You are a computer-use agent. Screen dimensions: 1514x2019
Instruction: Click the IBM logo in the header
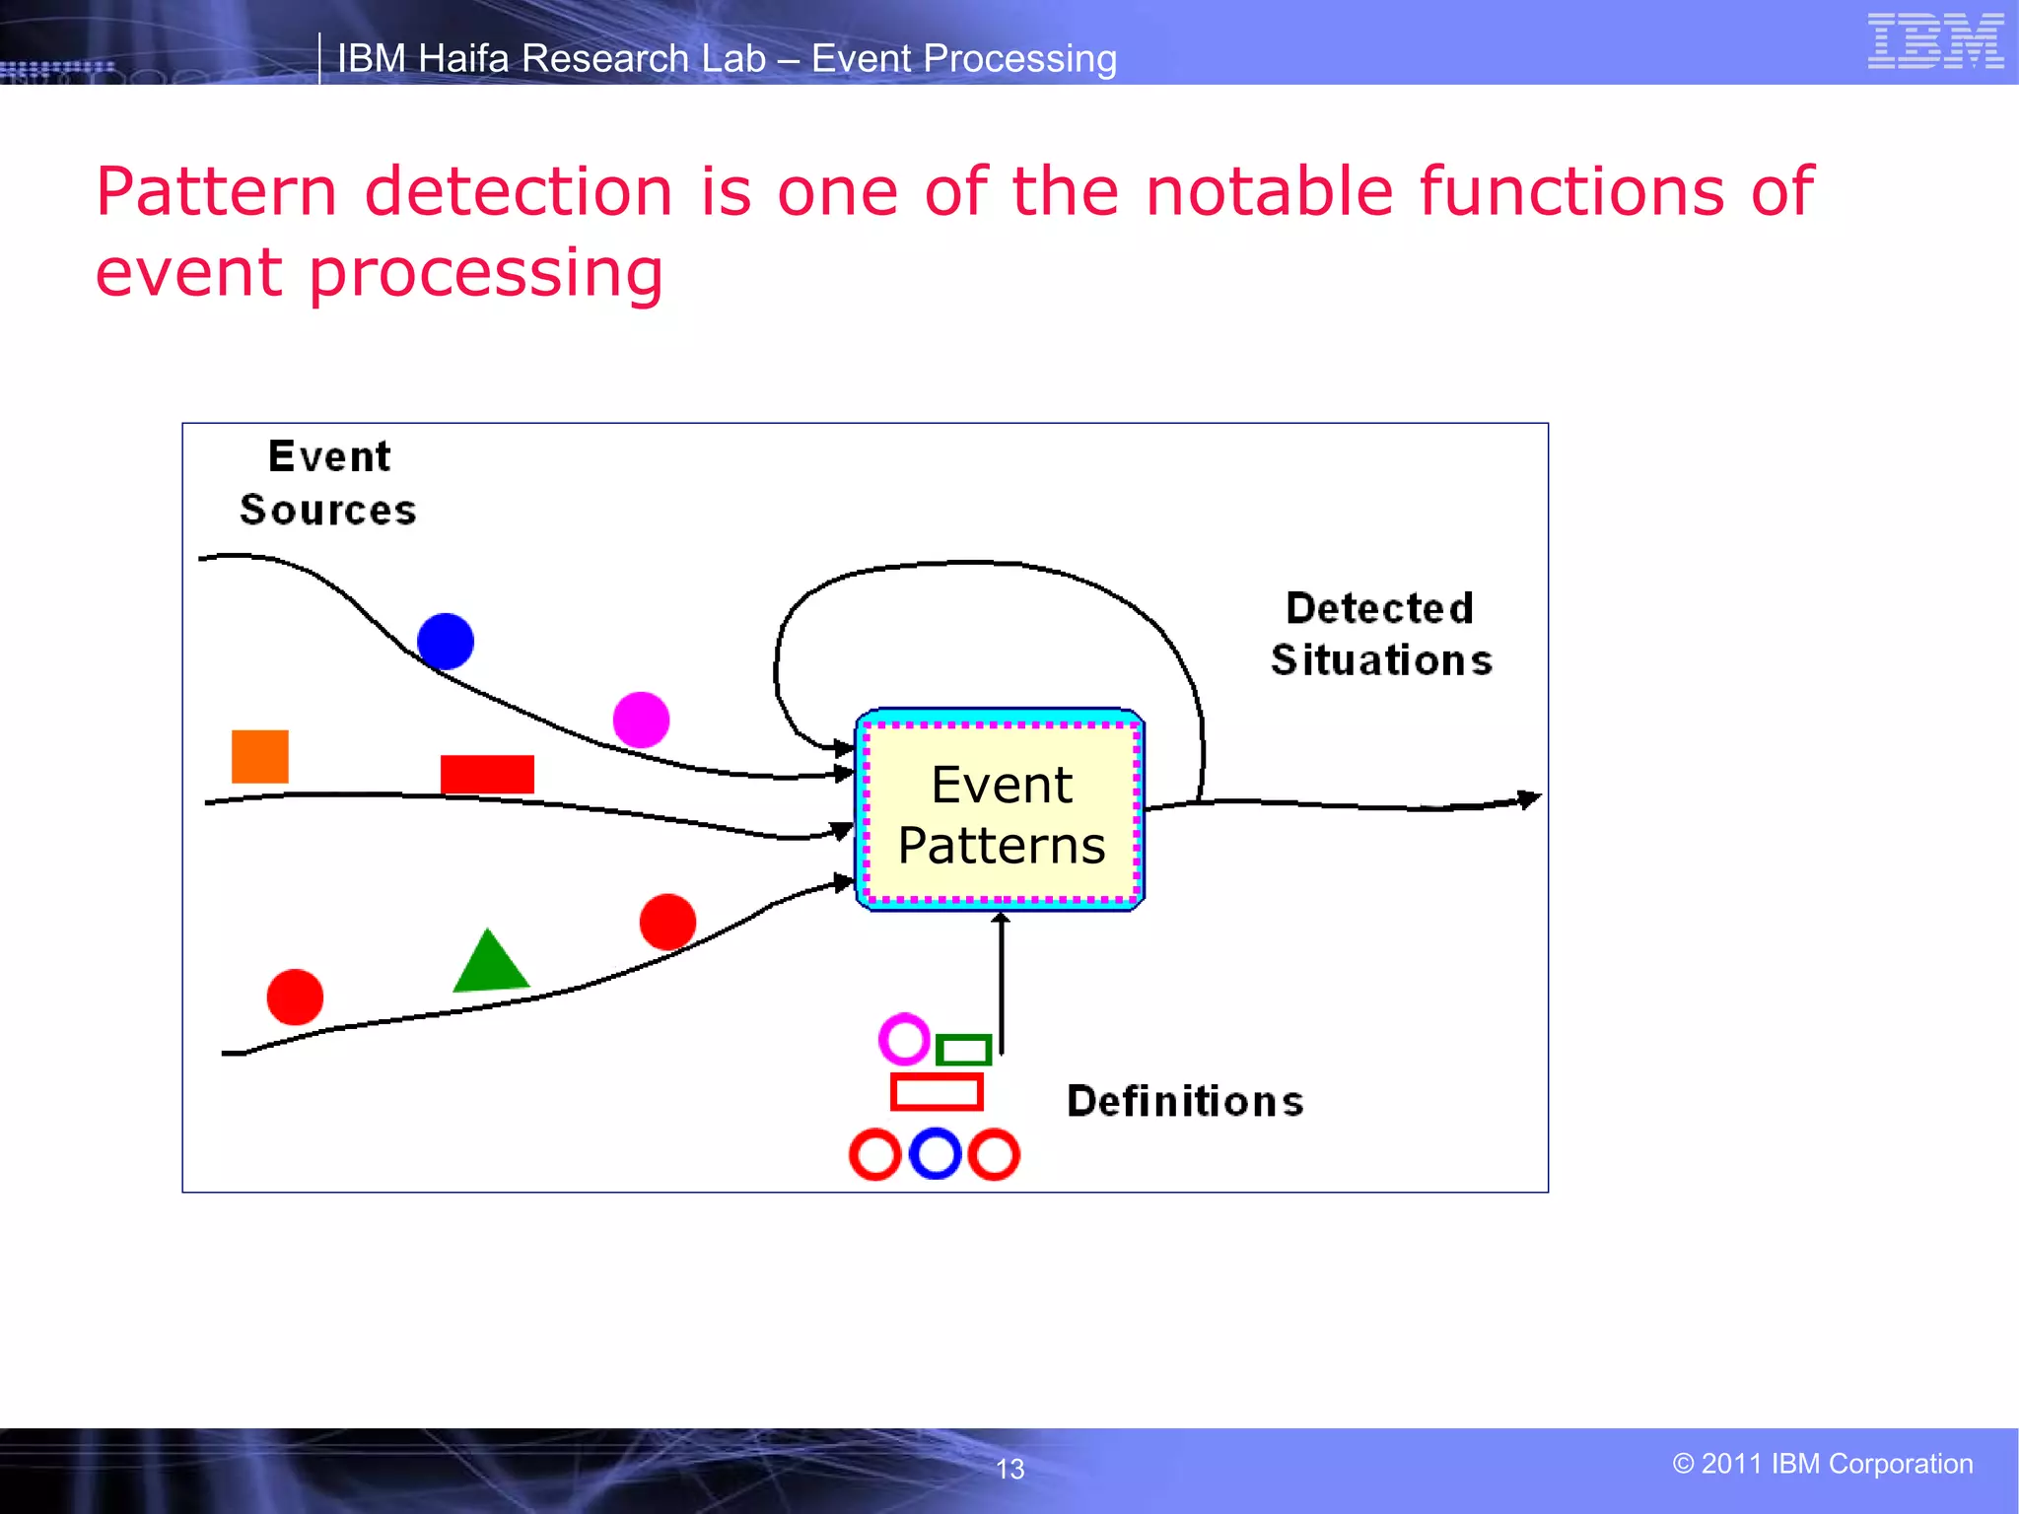(x=1935, y=41)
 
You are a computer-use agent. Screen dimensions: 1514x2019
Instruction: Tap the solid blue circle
(x=446, y=641)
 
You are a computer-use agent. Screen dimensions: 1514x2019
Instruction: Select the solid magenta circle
(x=641, y=720)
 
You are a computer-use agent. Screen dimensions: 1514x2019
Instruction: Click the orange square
(x=260, y=756)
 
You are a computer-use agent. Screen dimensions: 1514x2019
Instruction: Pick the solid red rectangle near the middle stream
(x=487, y=774)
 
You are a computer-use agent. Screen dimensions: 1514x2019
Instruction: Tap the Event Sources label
(x=328, y=483)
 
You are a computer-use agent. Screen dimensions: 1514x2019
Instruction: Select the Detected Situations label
(x=1380, y=634)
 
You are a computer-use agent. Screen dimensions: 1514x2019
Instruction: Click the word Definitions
(x=1185, y=1101)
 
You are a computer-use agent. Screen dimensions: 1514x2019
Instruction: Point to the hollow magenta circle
(x=904, y=1039)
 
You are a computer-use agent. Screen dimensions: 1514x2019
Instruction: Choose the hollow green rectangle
(x=963, y=1050)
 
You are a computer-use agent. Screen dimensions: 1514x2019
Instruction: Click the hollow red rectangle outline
(x=937, y=1092)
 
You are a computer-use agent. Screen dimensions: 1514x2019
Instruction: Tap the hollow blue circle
(x=935, y=1154)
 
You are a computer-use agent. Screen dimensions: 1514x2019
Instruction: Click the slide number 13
(x=1009, y=1469)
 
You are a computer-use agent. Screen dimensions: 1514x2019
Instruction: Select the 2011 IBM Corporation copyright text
(x=1823, y=1464)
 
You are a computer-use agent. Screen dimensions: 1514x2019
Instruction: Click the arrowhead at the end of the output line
(x=1529, y=798)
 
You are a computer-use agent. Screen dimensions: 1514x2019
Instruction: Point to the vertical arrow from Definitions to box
(x=1002, y=986)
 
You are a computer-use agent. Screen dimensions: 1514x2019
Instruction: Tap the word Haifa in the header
(x=464, y=59)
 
